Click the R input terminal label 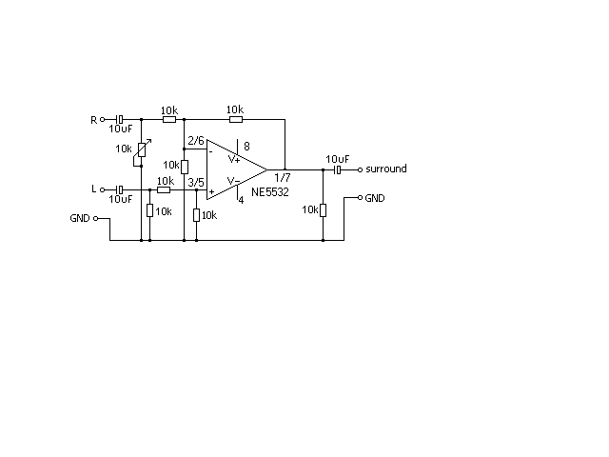93,120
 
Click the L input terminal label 93,189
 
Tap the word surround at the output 386,169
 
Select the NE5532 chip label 270,192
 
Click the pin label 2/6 196,140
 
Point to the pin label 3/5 196,182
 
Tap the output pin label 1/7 283,178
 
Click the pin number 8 246,146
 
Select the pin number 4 241,200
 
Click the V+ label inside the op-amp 234,159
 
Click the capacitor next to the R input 120,119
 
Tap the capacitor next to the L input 120,189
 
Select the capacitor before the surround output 338,169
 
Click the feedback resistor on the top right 236,119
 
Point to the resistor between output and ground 323,210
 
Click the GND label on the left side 80,218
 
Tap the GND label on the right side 375,198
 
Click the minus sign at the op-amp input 211,151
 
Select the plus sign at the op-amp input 211,191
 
